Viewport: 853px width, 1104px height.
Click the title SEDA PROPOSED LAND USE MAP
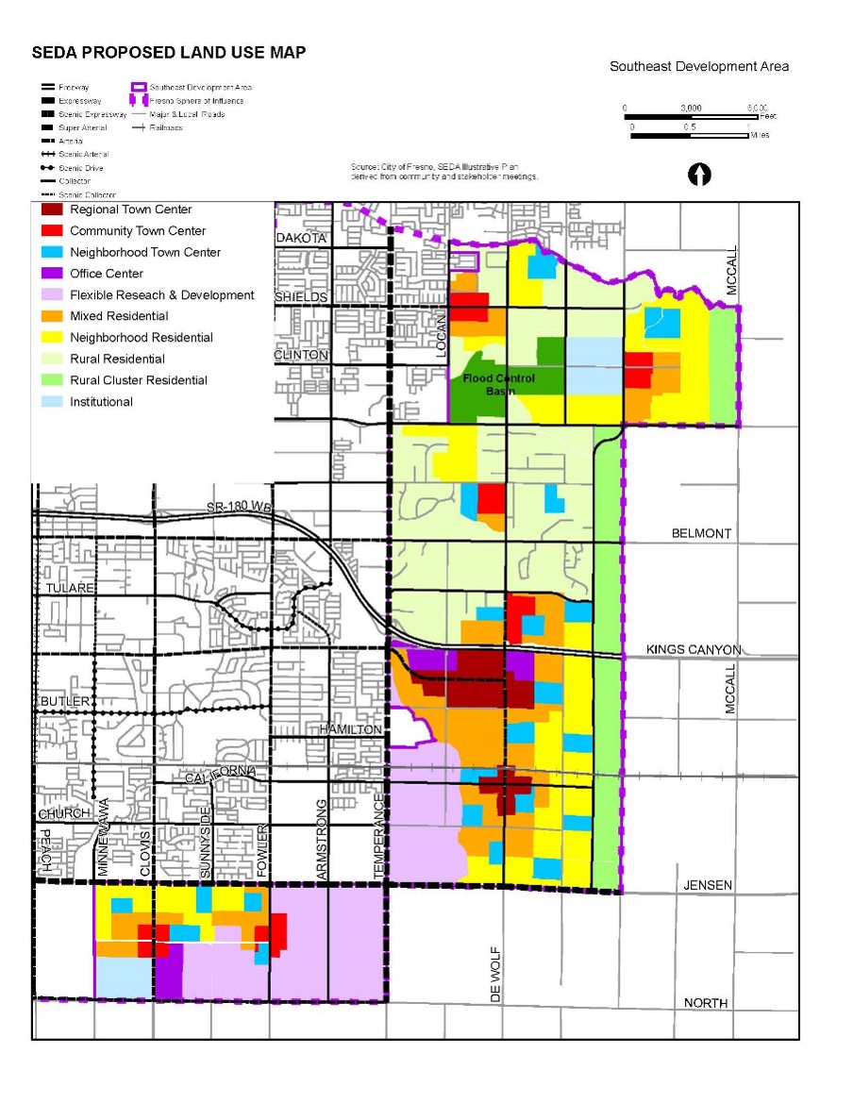pyautogui.click(x=169, y=53)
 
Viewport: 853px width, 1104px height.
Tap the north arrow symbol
pyautogui.click(x=699, y=175)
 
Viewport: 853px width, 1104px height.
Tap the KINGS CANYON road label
pyautogui.click(x=694, y=650)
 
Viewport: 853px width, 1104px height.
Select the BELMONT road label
pyautogui.click(x=701, y=533)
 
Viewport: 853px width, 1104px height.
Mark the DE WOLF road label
pyautogui.click(x=495, y=976)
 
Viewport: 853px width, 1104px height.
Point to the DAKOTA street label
pyautogui.click(x=301, y=239)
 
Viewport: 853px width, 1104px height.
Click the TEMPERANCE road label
pyautogui.click(x=378, y=836)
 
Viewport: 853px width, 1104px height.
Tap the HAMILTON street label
pyautogui.click(x=350, y=729)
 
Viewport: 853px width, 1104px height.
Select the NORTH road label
pyautogui.click(x=705, y=1002)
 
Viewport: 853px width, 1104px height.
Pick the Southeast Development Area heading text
pyautogui.click(x=698, y=66)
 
